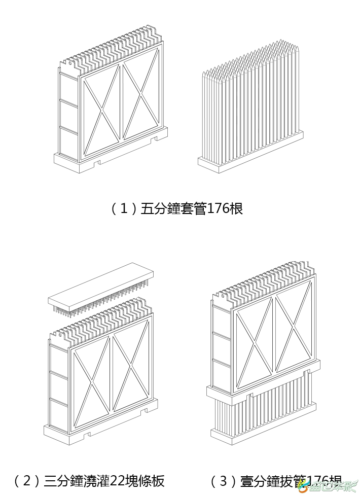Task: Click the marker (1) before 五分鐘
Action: pyautogui.click(x=124, y=208)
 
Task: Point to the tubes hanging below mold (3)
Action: pyautogui.click(x=264, y=413)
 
